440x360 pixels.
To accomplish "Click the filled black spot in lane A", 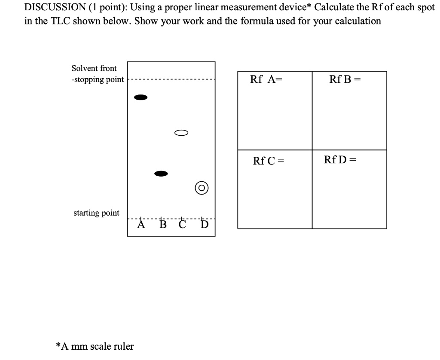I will click(141, 98).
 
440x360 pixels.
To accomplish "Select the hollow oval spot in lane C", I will click(181, 132).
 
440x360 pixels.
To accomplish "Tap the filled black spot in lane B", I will click(161, 174).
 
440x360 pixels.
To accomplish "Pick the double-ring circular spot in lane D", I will click(202, 188).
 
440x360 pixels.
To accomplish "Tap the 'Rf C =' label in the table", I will click(269, 161).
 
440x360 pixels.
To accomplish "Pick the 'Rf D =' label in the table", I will click(340, 160).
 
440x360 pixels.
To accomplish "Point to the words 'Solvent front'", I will click(94, 68).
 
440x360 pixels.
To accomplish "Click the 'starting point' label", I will click(96, 213).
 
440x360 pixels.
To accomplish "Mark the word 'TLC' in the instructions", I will click(64, 21).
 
